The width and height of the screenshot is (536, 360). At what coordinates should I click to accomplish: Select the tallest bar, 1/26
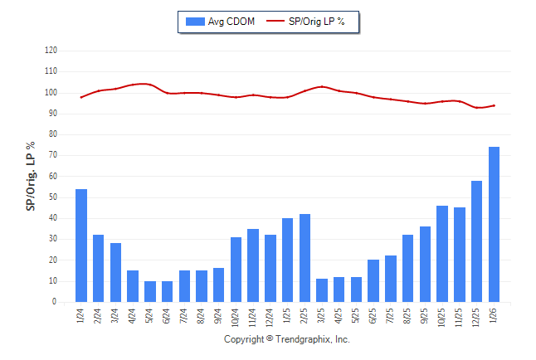pos(494,224)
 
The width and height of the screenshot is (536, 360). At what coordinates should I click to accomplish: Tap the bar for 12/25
pos(476,241)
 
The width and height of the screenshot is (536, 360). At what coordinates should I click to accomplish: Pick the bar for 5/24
pos(150,291)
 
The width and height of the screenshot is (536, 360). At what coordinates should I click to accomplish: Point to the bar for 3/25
pos(322,290)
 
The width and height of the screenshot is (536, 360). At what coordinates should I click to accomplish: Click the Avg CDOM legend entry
pos(221,21)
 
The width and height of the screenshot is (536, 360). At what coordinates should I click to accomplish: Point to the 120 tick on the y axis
pos(51,50)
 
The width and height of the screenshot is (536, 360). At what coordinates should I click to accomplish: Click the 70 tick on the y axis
pos(52,155)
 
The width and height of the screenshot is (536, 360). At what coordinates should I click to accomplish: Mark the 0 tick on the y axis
pos(54,302)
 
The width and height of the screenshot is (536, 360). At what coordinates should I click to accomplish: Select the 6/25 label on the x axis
pos(373,318)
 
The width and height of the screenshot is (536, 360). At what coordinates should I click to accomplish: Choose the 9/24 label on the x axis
pos(219,318)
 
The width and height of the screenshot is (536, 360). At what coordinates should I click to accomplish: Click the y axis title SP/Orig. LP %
pos(31,176)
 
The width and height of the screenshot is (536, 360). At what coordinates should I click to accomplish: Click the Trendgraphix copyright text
pos(287,339)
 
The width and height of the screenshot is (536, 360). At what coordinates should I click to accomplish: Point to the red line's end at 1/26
pos(494,105)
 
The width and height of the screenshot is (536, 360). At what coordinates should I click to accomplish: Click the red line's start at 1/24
pos(81,97)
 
